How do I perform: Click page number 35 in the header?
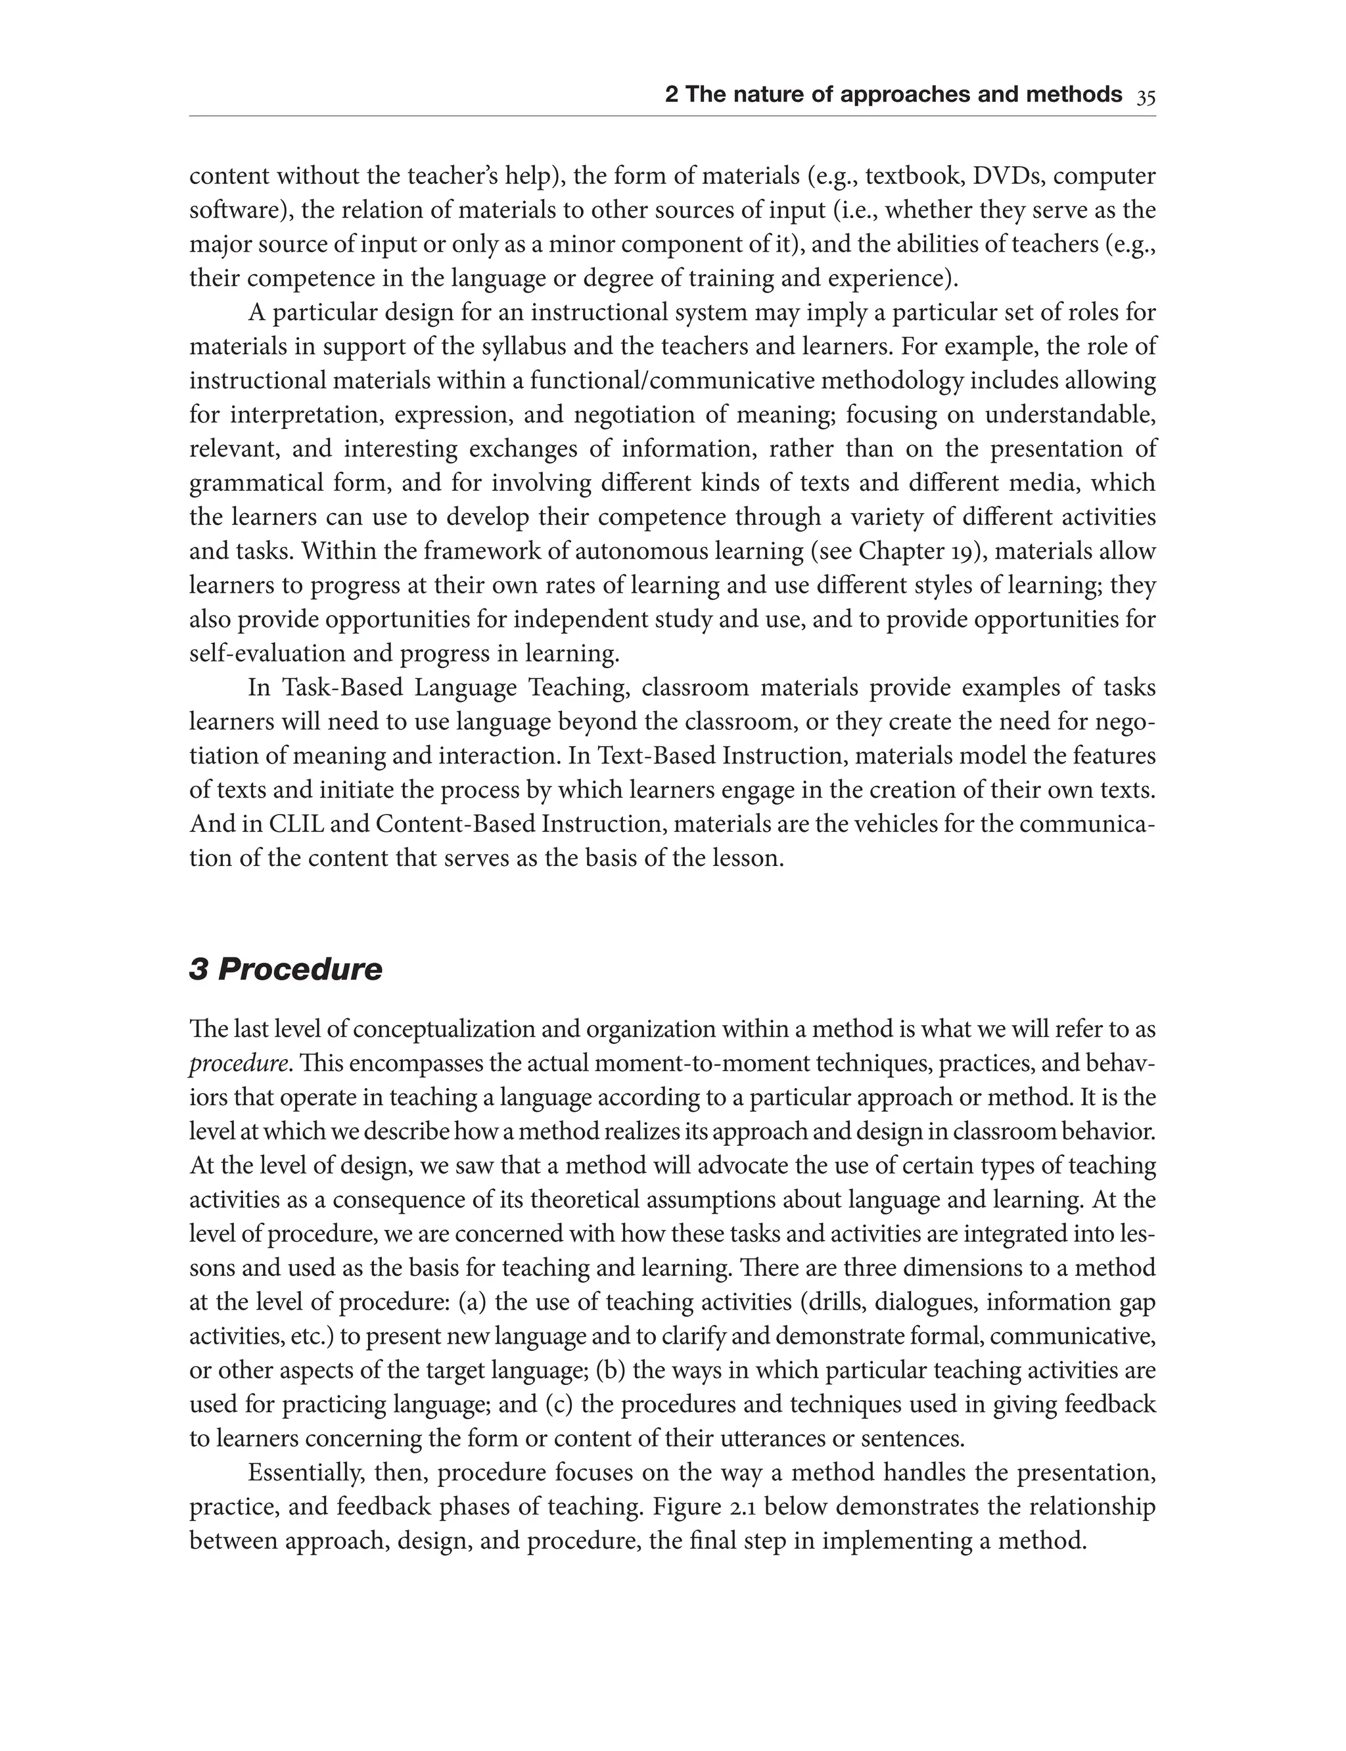click(1146, 96)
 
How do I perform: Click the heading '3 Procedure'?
click(285, 970)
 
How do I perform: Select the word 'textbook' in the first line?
click(910, 175)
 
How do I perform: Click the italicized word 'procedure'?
click(238, 1064)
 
